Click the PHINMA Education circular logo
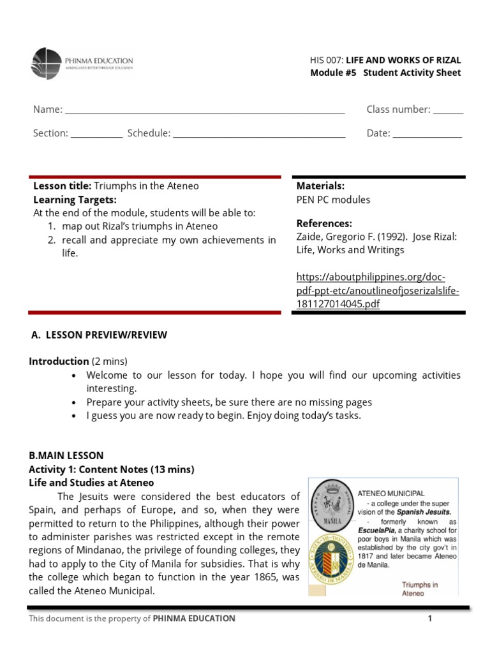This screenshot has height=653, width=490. pyautogui.click(x=47, y=63)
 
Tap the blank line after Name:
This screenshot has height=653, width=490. pyautogui.click(x=205, y=110)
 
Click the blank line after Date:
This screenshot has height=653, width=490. pyautogui.click(x=427, y=134)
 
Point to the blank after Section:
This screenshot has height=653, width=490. pyautogui.click(x=96, y=134)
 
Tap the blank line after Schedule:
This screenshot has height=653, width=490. pyautogui.click(x=259, y=134)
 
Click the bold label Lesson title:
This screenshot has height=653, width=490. pyautogui.click(x=63, y=186)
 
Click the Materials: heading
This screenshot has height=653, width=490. pyautogui.click(x=320, y=186)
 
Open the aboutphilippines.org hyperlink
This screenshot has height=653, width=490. pyautogui.click(x=378, y=290)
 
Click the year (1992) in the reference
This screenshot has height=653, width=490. pyautogui.click(x=390, y=237)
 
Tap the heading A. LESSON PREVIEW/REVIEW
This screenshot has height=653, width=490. pyautogui.click(x=99, y=335)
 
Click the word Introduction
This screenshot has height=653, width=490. pyautogui.click(x=59, y=361)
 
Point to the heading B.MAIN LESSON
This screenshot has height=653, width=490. pyautogui.click(x=66, y=456)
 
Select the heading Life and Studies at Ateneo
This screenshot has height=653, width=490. pyautogui.click(x=91, y=483)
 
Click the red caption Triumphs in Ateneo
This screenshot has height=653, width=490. pyautogui.click(x=420, y=589)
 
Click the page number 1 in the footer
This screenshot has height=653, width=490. pyautogui.click(x=430, y=619)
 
